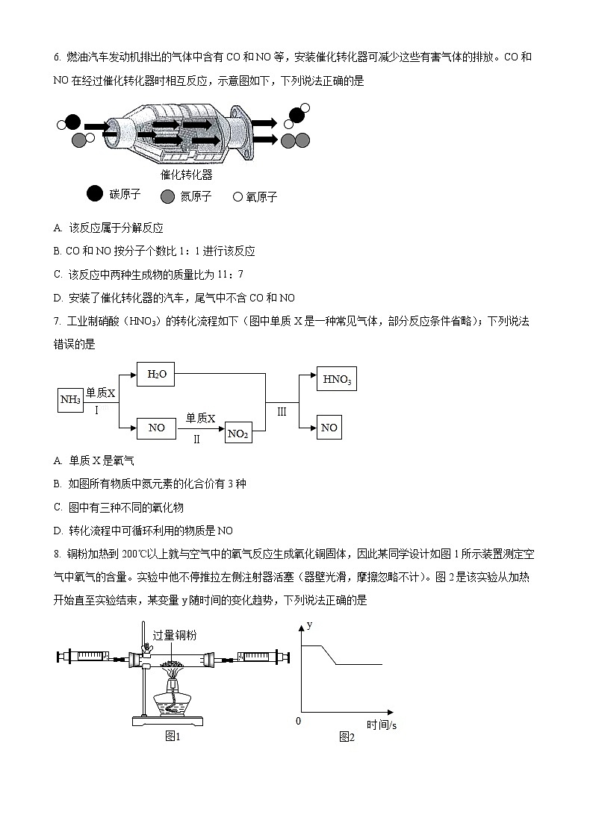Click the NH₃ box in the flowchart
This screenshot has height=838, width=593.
pyautogui.click(x=70, y=400)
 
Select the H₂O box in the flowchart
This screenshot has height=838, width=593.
pyautogui.click(x=156, y=374)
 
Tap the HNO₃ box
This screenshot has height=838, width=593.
pyautogui.click(x=336, y=379)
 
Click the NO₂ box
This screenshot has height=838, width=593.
pyautogui.click(x=237, y=434)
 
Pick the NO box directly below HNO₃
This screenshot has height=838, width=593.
pyautogui.click(x=329, y=428)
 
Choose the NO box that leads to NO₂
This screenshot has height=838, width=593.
pyautogui.click(x=156, y=428)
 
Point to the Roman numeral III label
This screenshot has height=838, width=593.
pyautogui.click(x=282, y=411)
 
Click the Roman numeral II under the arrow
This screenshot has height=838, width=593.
pyautogui.click(x=196, y=440)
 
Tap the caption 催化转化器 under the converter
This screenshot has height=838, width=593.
pyautogui.click(x=187, y=175)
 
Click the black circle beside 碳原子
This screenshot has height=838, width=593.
pyautogui.click(x=95, y=194)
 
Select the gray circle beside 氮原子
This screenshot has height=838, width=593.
pyautogui.click(x=167, y=196)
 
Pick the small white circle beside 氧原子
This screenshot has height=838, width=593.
pyautogui.click(x=237, y=197)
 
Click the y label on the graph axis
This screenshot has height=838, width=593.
pyautogui.click(x=308, y=624)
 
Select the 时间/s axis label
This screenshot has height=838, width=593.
pyautogui.click(x=381, y=725)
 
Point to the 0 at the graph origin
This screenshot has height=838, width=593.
pyautogui.click(x=298, y=721)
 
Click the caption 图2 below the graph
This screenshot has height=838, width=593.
pyautogui.click(x=346, y=737)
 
